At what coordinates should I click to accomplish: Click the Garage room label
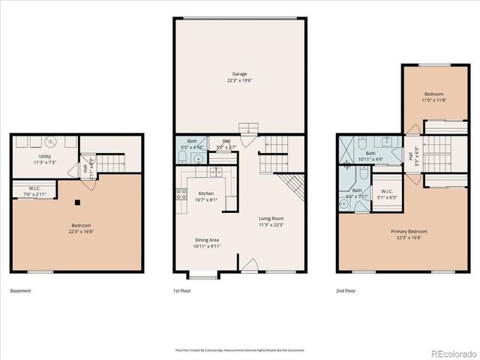[x=239, y=74]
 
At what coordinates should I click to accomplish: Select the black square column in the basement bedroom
[x=77, y=201]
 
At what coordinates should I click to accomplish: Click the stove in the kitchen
[x=181, y=196]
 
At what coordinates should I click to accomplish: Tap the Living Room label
[x=270, y=219]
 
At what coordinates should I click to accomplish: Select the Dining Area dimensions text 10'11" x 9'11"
[x=206, y=246]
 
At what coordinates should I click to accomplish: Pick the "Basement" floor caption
[x=21, y=290]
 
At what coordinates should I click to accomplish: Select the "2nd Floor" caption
[x=346, y=290]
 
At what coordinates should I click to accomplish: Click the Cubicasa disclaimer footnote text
[x=239, y=349]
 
